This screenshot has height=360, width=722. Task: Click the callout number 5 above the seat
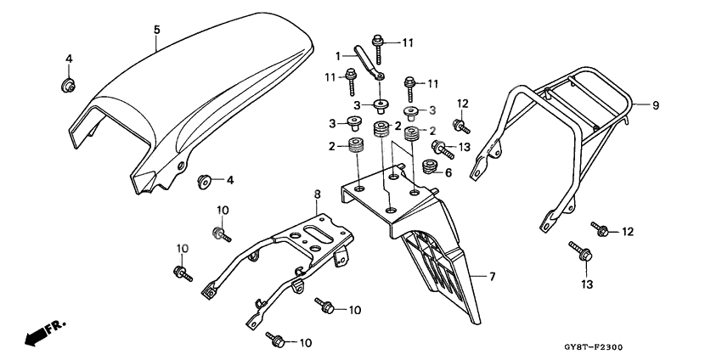(x=156, y=30)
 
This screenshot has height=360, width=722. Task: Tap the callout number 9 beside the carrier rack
(x=656, y=105)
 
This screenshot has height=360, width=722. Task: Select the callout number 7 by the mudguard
(x=490, y=277)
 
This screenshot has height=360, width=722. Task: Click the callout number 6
(x=448, y=172)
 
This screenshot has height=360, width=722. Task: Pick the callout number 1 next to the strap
(x=337, y=55)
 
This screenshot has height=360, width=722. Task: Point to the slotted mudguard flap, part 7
(x=442, y=263)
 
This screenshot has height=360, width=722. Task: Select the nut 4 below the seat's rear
(x=205, y=180)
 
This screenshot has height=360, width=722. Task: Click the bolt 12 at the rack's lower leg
(x=602, y=229)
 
